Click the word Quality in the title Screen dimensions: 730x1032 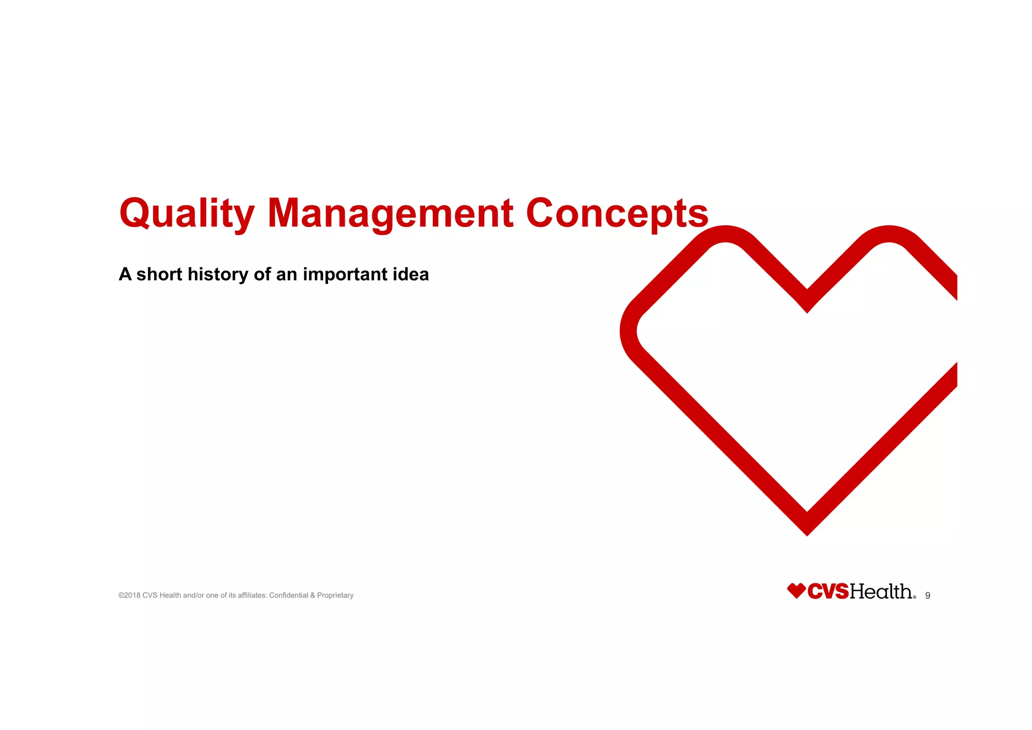(186, 214)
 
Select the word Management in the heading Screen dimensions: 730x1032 (390, 214)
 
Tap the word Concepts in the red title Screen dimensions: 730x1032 (617, 214)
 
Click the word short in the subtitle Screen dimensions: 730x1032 (159, 274)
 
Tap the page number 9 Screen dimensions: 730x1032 (928, 595)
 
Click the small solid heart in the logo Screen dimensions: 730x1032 (796, 591)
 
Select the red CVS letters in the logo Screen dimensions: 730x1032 (828, 591)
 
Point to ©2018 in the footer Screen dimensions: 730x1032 (130, 595)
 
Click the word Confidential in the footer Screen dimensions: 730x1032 (289, 595)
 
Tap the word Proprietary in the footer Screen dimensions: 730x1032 (335, 595)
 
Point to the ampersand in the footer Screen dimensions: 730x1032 (312, 595)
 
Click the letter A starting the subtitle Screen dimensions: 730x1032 (125, 274)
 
